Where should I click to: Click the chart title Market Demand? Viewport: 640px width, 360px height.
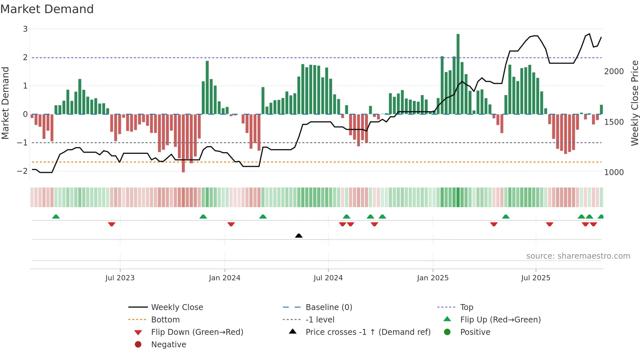(x=47, y=9)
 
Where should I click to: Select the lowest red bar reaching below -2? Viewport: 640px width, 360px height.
(x=183, y=144)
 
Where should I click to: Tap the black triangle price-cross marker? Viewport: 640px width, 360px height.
(x=298, y=236)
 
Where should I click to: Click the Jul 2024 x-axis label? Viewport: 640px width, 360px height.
(x=328, y=278)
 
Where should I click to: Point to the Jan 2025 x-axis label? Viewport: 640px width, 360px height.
(x=433, y=278)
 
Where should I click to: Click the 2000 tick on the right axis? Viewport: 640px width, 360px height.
(x=614, y=72)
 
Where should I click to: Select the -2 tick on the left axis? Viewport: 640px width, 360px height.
(x=23, y=171)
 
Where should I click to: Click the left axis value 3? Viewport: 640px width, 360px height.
(x=25, y=29)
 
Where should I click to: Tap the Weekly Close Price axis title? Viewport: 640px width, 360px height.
(x=634, y=103)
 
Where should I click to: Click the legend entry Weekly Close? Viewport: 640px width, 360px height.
(x=177, y=307)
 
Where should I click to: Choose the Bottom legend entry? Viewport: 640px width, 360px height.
(x=165, y=320)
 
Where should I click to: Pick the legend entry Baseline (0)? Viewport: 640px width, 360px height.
(x=328, y=307)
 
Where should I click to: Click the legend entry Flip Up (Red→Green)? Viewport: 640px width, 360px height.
(x=500, y=320)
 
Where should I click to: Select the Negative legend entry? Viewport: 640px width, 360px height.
(x=168, y=345)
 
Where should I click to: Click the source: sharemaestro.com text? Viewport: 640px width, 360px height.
(x=578, y=256)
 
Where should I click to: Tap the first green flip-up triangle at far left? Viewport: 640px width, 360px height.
(x=56, y=217)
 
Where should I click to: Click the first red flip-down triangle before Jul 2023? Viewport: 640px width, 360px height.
(x=112, y=224)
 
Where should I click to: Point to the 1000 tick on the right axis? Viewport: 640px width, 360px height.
(x=614, y=172)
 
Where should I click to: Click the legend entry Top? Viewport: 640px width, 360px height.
(x=466, y=307)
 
